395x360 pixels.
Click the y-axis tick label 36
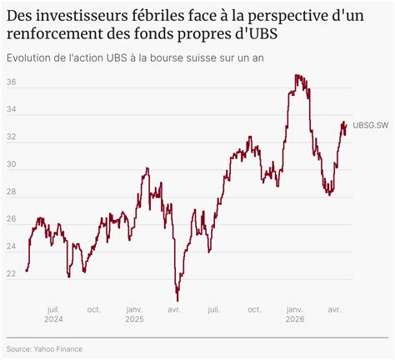tap(12, 82)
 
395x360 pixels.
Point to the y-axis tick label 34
tap(12, 109)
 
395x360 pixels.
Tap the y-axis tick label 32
tap(12, 137)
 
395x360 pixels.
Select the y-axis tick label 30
tap(12, 164)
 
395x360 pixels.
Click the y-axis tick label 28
tap(12, 192)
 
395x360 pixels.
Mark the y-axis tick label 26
tap(12, 219)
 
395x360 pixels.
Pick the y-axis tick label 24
tap(12, 247)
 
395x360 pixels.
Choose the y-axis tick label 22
tap(12, 273)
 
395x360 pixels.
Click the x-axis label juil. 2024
tap(53, 314)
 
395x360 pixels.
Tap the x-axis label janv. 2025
tap(134, 314)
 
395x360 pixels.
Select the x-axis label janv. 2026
tap(295, 314)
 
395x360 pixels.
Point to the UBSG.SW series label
tap(371, 125)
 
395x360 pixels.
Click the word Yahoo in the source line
tap(44, 349)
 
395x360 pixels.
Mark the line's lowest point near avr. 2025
tap(177, 301)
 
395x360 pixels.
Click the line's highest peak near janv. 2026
tap(296, 74)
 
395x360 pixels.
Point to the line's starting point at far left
tap(26, 270)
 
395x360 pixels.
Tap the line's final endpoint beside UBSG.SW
tap(346, 125)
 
